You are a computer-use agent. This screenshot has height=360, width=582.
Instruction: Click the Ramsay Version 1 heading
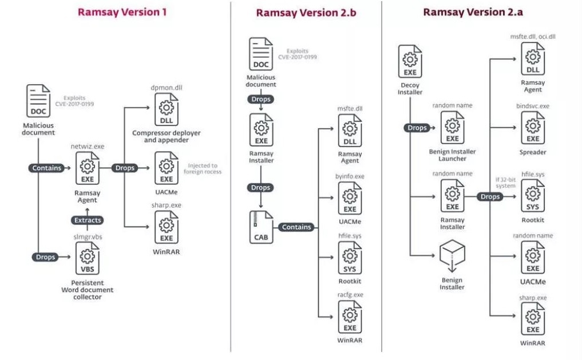click(122, 12)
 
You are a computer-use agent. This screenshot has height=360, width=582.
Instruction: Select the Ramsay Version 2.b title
click(306, 13)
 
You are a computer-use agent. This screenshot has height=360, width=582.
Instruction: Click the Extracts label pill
click(88, 220)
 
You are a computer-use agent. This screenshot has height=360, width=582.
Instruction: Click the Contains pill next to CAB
click(296, 227)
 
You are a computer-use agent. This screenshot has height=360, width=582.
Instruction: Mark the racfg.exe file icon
click(350, 317)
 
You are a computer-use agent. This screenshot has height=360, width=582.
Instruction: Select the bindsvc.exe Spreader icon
click(533, 129)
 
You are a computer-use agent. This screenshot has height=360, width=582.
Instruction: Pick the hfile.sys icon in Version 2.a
click(533, 198)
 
